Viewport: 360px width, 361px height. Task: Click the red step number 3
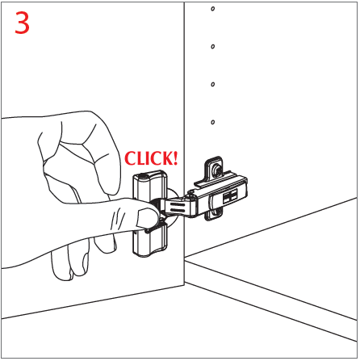click(x=22, y=23)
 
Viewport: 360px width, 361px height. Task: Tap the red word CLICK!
click(x=151, y=158)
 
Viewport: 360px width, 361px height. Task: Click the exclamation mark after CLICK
click(x=175, y=158)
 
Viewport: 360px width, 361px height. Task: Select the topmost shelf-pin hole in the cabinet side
click(x=213, y=9)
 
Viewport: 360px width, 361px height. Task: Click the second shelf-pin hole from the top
click(x=213, y=47)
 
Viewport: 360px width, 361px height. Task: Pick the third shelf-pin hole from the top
click(x=213, y=84)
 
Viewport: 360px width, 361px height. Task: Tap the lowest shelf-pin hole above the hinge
click(x=213, y=122)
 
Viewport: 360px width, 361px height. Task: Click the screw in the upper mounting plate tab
click(x=216, y=169)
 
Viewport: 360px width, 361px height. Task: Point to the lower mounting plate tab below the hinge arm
click(x=215, y=215)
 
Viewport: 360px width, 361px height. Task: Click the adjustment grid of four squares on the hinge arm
click(x=230, y=196)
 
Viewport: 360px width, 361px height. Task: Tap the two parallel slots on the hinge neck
click(x=177, y=207)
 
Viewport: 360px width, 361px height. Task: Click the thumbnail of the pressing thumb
click(x=145, y=218)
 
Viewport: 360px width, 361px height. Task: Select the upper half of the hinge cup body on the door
click(x=149, y=185)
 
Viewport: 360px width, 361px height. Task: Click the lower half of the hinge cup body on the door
click(x=150, y=241)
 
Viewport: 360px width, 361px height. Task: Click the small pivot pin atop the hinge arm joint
click(x=191, y=192)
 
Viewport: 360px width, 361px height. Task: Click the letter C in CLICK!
click(x=131, y=158)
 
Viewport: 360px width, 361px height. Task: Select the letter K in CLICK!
click(x=166, y=158)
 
